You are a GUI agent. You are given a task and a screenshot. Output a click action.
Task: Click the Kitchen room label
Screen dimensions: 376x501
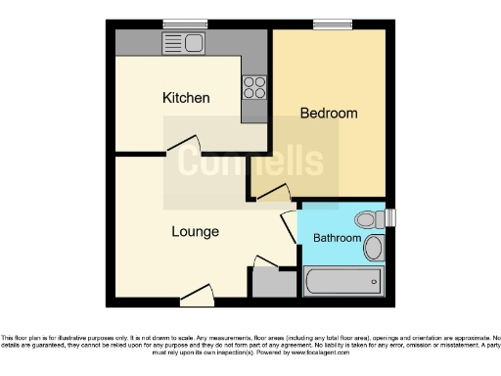tap(186, 98)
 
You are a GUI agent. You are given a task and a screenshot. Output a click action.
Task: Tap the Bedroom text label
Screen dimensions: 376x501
tap(328, 114)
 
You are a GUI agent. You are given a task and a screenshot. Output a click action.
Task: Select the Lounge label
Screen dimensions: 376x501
tap(195, 232)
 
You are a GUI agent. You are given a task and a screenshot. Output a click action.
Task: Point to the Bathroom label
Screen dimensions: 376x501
tap(337, 238)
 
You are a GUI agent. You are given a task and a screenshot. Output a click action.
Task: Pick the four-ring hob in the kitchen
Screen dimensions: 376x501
tap(254, 87)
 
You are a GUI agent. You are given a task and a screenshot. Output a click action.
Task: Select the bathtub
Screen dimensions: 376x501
tap(342, 284)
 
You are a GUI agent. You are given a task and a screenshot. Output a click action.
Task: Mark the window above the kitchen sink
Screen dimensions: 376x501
tap(180, 25)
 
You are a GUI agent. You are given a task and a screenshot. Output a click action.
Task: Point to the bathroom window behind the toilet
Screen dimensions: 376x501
tap(392, 217)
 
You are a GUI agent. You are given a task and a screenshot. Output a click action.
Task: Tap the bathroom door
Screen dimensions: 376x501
tap(290, 227)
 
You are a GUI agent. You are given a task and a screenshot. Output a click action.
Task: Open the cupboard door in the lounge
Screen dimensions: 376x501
tap(265, 260)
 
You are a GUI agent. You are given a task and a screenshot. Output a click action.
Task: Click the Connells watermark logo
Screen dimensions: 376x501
tap(250, 162)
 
